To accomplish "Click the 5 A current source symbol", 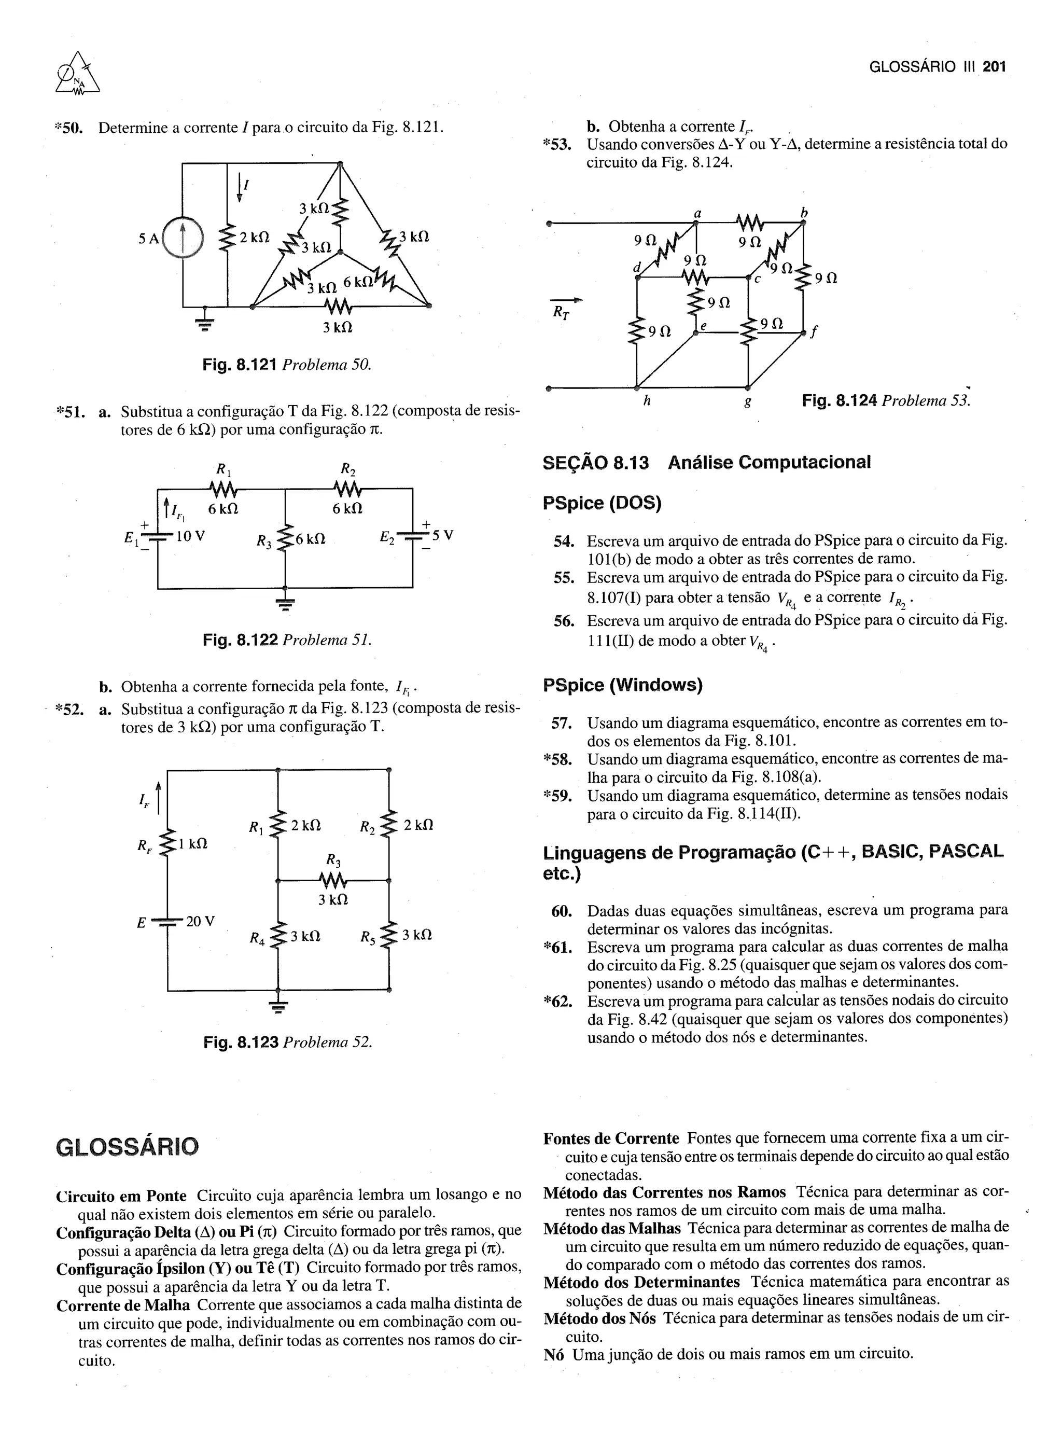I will (x=183, y=238).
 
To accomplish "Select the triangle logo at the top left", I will (x=78, y=76).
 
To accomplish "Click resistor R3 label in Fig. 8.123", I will (x=333, y=860).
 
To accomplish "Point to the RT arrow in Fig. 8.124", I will (x=566, y=300).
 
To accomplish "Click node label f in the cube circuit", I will (x=814, y=332).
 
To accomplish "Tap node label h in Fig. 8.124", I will (x=647, y=400).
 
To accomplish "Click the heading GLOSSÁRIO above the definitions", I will (x=127, y=1146).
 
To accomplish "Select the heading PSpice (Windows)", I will (x=622, y=685).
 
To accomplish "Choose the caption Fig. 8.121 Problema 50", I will (x=287, y=365).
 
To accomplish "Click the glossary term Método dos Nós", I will (x=599, y=1318).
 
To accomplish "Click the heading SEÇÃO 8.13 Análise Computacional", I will (x=706, y=462).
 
